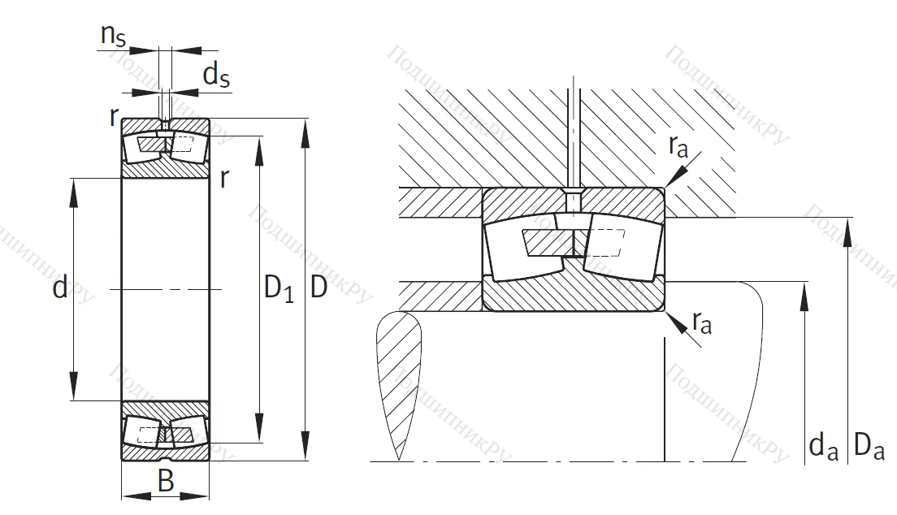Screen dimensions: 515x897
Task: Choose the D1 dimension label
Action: pos(279,288)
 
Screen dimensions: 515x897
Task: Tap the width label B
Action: pos(166,482)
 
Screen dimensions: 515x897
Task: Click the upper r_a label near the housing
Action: pos(679,146)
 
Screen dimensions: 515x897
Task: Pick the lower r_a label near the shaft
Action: pos(702,324)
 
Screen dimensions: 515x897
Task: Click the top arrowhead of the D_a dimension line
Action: pos(850,227)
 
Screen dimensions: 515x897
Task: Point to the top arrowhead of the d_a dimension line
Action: pos(805,292)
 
